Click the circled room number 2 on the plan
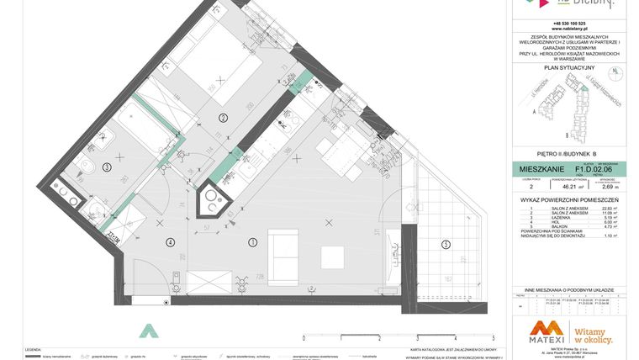(x=223, y=118)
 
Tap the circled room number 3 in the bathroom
(x=106, y=167)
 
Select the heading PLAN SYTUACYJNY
(x=569, y=66)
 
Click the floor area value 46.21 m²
(x=562, y=188)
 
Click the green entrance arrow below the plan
(x=149, y=331)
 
